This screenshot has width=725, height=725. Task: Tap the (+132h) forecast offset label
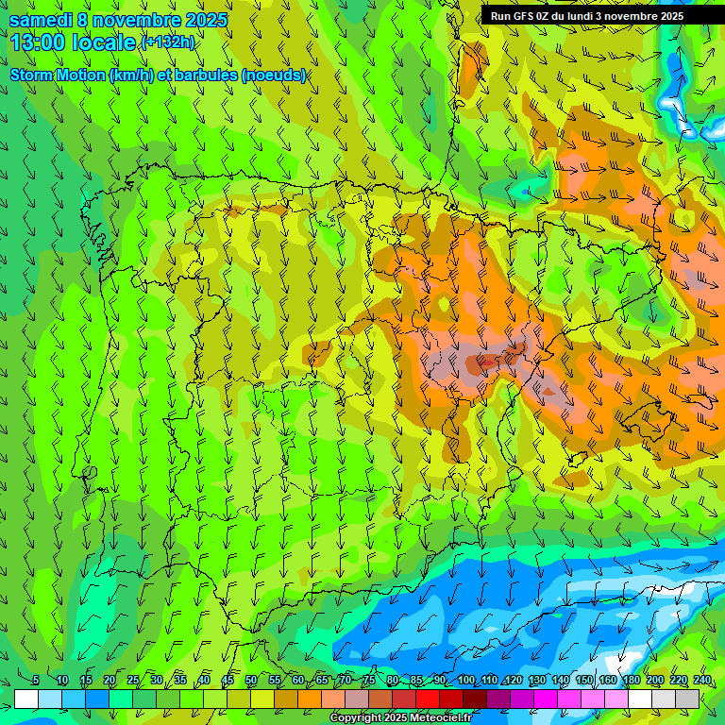(167, 42)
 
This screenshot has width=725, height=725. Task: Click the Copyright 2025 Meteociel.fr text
(400, 717)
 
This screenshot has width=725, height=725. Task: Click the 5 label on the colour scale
(36, 681)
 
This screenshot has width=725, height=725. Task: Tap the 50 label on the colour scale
(251, 681)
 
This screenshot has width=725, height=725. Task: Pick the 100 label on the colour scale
(466, 681)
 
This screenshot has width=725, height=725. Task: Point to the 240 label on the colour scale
(702, 681)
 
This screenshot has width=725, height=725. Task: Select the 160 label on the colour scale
(608, 681)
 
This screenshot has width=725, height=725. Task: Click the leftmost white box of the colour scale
(26, 699)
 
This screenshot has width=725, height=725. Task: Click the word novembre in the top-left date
(136, 19)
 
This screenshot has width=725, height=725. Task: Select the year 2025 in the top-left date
(207, 19)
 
